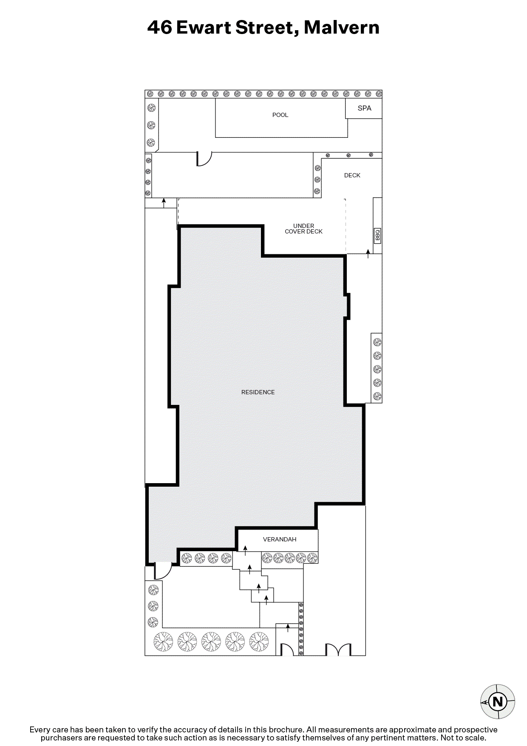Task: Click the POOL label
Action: point(280,115)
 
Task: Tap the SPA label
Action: point(364,108)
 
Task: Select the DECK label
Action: point(352,175)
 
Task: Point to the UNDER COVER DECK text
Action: point(303,229)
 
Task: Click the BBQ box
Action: point(377,235)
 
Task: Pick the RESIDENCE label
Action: point(258,392)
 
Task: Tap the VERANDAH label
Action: point(280,539)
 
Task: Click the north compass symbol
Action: point(497,701)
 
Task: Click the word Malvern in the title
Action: point(341,28)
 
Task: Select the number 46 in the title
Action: point(159,28)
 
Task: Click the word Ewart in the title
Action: point(204,28)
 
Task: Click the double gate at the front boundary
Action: point(338,649)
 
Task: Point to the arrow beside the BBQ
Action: point(368,254)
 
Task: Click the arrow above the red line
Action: point(164,203)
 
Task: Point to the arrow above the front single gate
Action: point(288,628)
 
